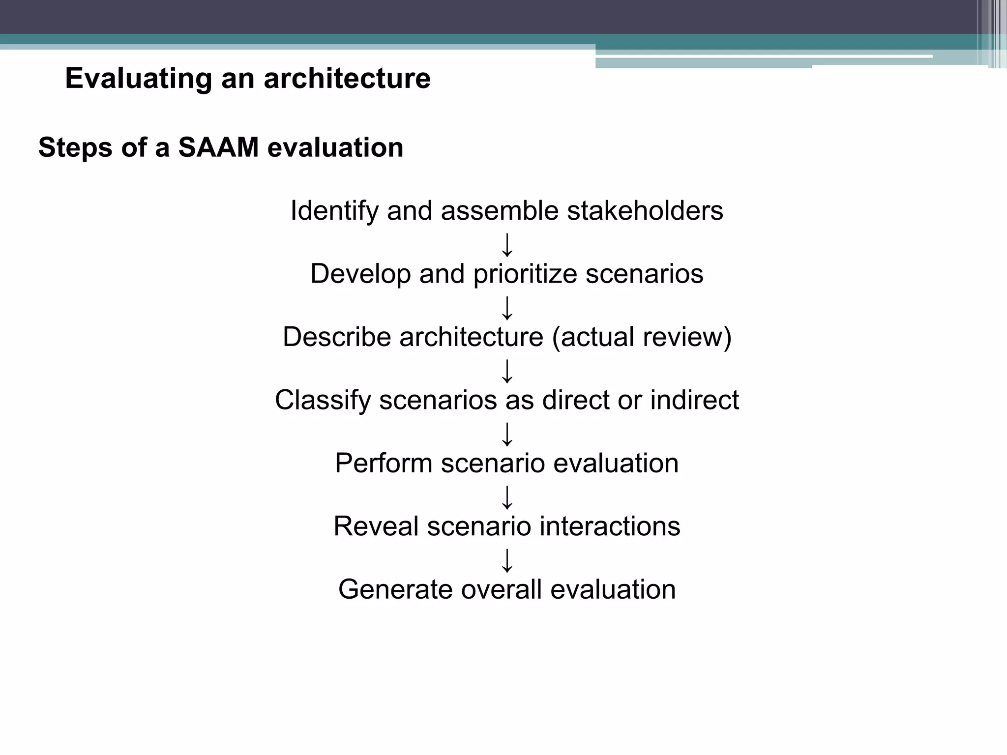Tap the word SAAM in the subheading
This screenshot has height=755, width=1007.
pos(218,147)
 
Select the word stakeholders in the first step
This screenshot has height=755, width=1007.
pos(645,211)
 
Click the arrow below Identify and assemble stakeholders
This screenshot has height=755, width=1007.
pos(507,245)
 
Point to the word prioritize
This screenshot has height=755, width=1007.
pos(525,274)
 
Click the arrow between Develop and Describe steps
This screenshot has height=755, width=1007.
pos(507,308)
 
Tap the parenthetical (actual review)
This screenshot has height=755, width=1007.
pos(642,337)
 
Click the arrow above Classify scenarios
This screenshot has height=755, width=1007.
pos(507,371)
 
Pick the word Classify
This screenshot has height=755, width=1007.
pos(323,400)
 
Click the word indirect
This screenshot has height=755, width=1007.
pos(694,400)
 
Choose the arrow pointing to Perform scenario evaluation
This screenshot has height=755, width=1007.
pos(507,434)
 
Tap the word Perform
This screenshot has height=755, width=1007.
pos(384,463)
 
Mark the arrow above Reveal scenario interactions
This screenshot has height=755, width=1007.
pos(507,497)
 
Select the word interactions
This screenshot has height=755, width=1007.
pos(610,526)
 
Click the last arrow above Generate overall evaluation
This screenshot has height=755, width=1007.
pos(507,560)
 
